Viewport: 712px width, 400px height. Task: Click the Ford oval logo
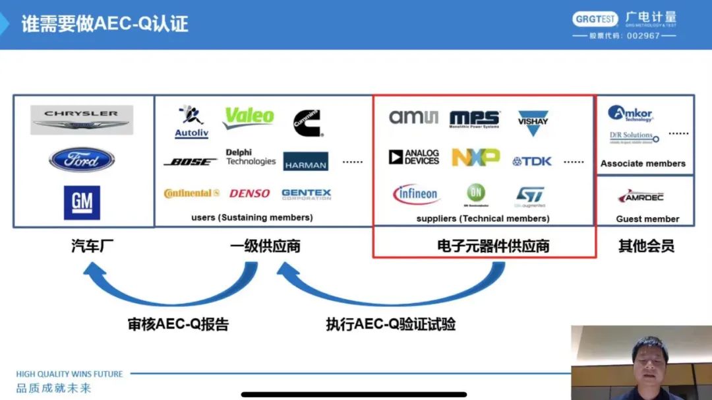(82, 160)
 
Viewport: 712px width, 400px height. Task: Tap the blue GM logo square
(82, 202)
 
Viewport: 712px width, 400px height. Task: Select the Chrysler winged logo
(82, 119)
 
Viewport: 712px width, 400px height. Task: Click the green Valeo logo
(249, 117)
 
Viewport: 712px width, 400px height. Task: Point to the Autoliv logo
(191, 121)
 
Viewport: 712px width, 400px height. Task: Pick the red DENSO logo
(249, 193)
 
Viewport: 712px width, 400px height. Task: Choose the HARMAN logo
(306, 162)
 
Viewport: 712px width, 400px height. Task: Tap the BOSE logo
(190, 162)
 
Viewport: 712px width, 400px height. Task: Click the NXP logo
(475, 158)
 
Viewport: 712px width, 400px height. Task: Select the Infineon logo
(416, 194)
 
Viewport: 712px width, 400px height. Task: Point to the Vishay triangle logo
(533, 122)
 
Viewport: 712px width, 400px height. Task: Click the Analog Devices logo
(414, 157)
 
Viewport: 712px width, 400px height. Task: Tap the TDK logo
(532, 161)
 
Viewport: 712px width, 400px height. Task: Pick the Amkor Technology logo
(630, 114)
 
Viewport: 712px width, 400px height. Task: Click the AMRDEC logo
(641, 197)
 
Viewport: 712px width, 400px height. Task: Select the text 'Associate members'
(643, 163)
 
